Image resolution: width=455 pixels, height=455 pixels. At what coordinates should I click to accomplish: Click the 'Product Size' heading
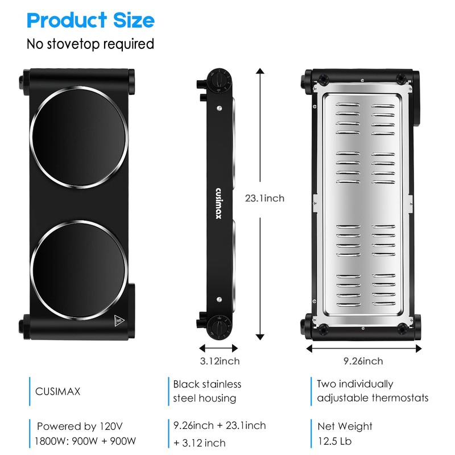tap(90, 20)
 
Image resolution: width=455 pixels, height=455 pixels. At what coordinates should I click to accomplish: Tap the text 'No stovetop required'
tap(90, 44)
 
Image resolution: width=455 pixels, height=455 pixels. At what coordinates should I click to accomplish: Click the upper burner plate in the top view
tap(79, 137)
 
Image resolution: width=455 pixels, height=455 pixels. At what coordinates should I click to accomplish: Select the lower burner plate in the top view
tap(79, 271)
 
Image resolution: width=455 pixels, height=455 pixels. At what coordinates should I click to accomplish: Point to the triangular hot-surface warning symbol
tap(118, 321)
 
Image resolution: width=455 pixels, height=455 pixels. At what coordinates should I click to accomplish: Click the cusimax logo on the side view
tap(218, 204)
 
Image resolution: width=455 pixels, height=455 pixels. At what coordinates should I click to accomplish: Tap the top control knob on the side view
tap(220, 80)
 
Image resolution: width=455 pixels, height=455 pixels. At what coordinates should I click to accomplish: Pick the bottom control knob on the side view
tap(220, 328)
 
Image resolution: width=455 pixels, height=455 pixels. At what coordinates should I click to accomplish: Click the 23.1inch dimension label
tap(264, 198)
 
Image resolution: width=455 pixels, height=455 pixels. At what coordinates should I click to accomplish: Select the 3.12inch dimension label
tap(220, 361)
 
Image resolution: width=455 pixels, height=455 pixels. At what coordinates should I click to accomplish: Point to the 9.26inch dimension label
tap(363, 361)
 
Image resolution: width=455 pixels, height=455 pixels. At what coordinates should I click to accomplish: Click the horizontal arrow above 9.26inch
tap(364, 348)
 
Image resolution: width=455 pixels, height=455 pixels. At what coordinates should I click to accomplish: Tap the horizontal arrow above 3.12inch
tap(218, 348)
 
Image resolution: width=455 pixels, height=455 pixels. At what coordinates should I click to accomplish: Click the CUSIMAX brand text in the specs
tap(58, 391)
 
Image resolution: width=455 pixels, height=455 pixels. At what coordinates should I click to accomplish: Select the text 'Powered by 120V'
tap(80, 426)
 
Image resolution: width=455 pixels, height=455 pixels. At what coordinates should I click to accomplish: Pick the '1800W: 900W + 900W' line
tap(85, 441)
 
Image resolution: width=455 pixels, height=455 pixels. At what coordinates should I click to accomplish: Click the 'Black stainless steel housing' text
tap(207, 391)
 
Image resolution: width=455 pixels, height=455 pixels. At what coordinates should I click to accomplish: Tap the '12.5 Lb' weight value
tap(334, 441)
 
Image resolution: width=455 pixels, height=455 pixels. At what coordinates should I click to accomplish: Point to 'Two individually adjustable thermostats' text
tap(373, 391)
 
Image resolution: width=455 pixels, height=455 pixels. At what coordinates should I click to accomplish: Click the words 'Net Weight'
tap(345, 426)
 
